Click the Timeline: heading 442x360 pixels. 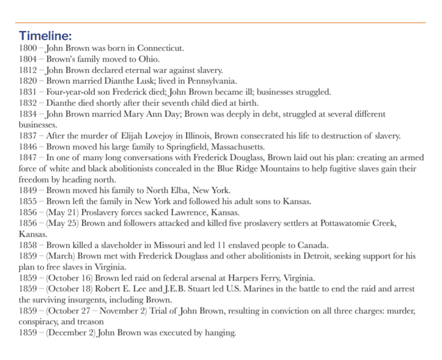click(x=45, y=36)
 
